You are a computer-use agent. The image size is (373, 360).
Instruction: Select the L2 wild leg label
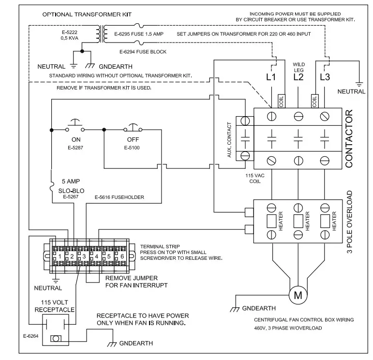tap(298, 77)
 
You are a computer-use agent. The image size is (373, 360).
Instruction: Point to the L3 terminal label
tap(325, 77)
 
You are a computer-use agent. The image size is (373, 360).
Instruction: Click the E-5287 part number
tap(76, 147)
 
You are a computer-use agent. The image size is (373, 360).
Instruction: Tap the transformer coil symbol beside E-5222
tap(101, 34)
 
